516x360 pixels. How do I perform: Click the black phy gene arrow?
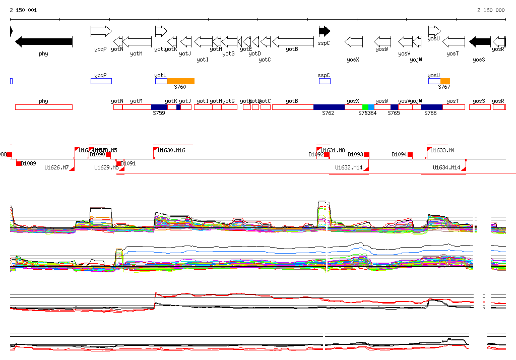click(44, 41)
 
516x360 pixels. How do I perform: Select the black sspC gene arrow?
click(325, 31)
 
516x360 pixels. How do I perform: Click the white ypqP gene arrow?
click(101, 31)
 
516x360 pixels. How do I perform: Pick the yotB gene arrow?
click(292, 41)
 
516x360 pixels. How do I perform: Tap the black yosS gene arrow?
click(480, 41)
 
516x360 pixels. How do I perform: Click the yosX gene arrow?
click(354, 41)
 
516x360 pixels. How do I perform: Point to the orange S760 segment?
click(180, 81)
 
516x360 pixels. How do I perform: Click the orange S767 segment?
click(445, 81)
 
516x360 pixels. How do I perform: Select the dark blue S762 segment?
click(329, 107)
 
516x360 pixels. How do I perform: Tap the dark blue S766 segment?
click(431, 107)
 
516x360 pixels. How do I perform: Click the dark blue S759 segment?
click(159, 107)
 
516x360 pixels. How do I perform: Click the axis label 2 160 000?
click(491, 10)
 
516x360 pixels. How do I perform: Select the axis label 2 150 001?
click(23, 10)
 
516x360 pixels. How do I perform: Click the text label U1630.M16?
click(171, 150)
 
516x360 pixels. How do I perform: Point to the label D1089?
click(29, 163)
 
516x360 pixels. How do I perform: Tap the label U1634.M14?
click(446, 167)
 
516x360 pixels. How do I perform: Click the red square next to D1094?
click(410, 154)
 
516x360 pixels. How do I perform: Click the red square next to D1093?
click(366, 154)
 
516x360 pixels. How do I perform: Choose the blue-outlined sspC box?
click(325, 81)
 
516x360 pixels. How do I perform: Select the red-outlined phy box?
click(44, 107)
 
